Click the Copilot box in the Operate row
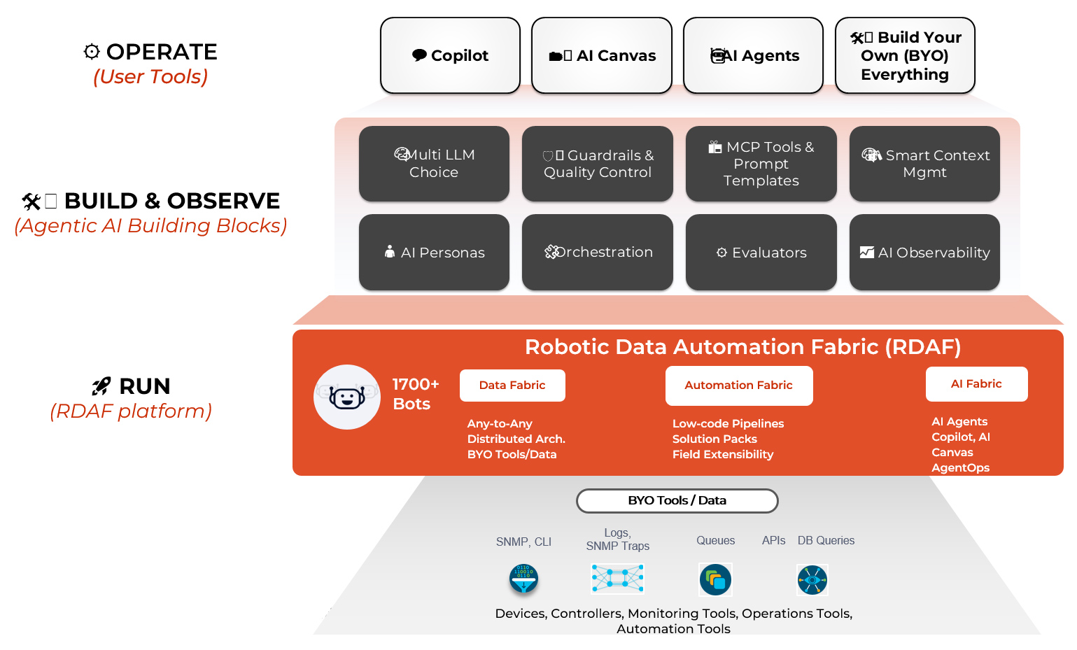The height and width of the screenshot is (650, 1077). [x=450, y=55]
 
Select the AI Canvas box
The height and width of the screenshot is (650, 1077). [x=602, y=55]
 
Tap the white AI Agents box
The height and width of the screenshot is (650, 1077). [x=753, y=55]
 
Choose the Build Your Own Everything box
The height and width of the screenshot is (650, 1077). [x=905, y=55]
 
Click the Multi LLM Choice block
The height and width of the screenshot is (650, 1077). [x=434, y=164]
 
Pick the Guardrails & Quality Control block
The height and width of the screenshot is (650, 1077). [x=598, y=164]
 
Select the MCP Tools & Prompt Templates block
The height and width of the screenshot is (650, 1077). [x=761, y=164]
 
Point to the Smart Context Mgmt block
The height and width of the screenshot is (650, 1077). [x=924, y=164]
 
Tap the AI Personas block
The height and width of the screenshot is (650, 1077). [x=434, y=252]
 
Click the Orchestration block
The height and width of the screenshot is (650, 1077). [x=598, y=252]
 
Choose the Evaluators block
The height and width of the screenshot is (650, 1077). [x=761, y=252]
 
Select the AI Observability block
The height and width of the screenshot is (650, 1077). [x=924, y=252]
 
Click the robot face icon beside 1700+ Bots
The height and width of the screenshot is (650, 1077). [x=347, y=397]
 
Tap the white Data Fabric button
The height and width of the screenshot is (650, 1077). [x=512, y=386]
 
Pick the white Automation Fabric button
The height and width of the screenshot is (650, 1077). [x=739, y=386]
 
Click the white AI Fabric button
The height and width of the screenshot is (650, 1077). [x=976, y=384]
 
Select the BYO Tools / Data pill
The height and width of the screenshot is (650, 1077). [x=677, y=501]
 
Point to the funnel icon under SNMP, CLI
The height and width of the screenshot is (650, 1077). [x=523, y=579]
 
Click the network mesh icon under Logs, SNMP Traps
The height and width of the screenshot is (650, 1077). [x=617, y=578]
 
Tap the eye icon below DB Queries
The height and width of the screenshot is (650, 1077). [x=812, y=579]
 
